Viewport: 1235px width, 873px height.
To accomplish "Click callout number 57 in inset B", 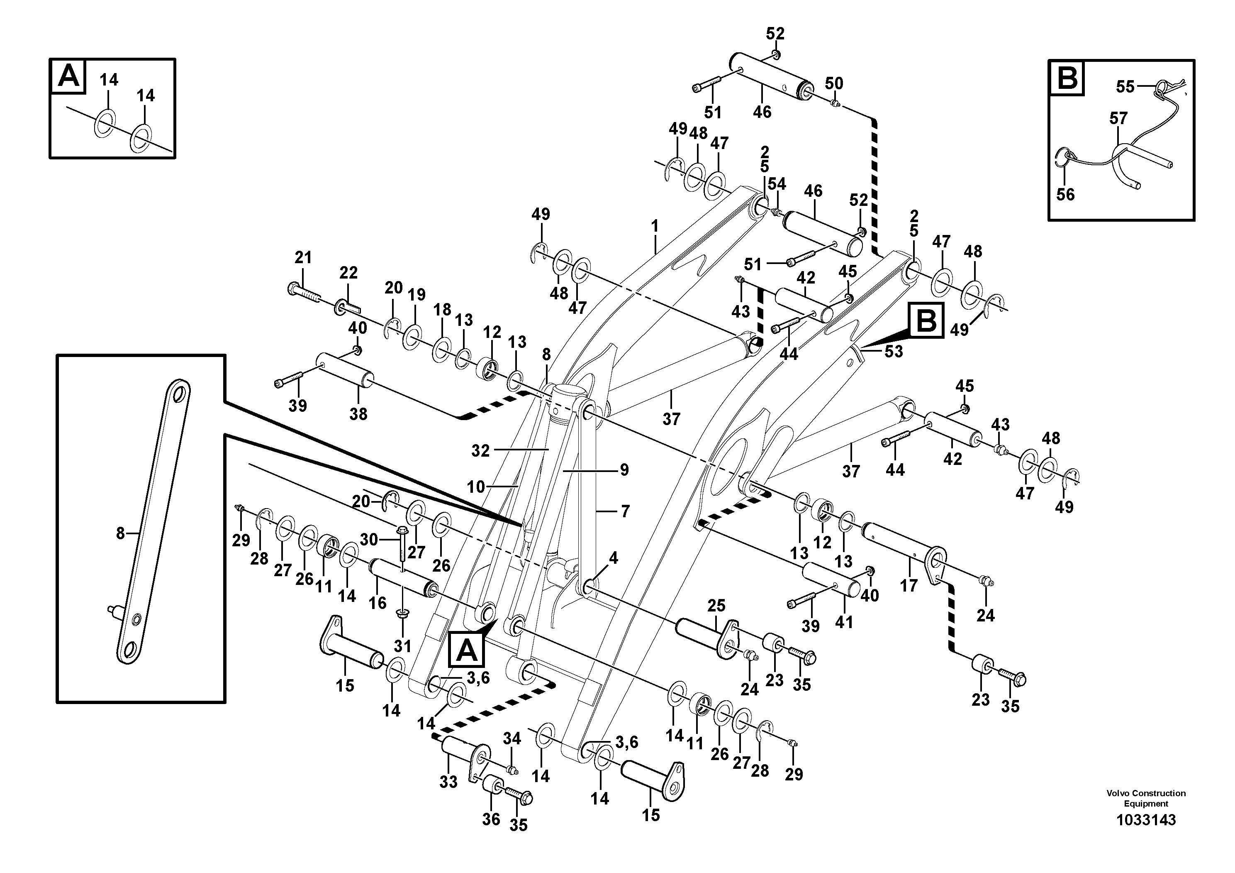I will tap(1118, 118).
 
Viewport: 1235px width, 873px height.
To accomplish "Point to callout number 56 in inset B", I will tap(1065, 194).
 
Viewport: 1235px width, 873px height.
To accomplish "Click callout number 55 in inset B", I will tap(1125, 87).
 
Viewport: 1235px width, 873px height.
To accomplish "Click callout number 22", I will tap(348, 272).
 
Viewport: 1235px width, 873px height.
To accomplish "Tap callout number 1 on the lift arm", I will tap(655, 227).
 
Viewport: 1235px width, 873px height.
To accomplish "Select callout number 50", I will tap(834, 83).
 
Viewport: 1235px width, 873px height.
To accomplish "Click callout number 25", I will tap(716, 606).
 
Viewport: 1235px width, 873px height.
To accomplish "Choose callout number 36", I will tap(491, 819).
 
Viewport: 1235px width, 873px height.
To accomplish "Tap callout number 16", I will tap(377, 603).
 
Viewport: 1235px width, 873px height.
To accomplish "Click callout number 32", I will tap(480, 451).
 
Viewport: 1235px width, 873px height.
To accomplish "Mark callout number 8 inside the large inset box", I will tap(120, 533).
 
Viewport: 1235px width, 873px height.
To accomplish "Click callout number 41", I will tap(844, 622).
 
